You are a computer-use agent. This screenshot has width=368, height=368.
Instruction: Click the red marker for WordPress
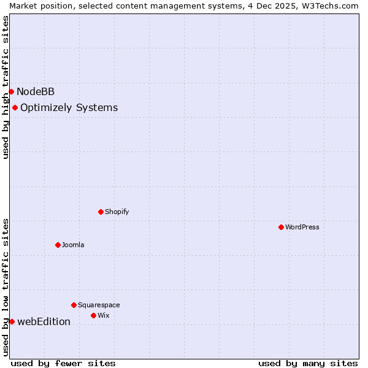[x=281, y=227]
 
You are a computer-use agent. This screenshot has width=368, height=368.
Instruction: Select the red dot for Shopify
[x=101, y=212]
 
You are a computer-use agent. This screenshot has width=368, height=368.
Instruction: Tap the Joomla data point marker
[x=58, y=245]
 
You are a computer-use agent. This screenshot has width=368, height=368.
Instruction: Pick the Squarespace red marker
[x=74, y=305]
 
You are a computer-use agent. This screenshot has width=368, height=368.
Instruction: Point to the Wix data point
[x=93, y=315]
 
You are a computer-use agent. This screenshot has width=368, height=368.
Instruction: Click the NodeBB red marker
[x=11, y=92]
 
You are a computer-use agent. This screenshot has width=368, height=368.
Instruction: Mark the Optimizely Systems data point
[x=15, y=108]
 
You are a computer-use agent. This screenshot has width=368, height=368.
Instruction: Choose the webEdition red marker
[x=12, y=321]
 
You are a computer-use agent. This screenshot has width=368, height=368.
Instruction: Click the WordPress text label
[x=302, y=227]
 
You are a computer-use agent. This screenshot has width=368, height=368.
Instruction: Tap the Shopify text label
[x=117, y=212]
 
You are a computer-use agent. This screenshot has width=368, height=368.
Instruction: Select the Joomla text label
[x=73, y=245]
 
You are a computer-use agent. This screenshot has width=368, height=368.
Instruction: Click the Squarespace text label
[x=99, y=305]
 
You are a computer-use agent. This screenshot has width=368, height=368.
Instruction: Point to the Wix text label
[x=103, y=315]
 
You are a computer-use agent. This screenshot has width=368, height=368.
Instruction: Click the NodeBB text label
[x=36, y=92]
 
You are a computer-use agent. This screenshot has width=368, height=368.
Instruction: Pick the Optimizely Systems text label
[x=69, y=108]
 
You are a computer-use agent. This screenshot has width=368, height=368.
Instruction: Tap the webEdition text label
[x=44, y=321]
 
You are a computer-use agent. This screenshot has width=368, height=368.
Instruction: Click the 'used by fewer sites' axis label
[x=63, y=363]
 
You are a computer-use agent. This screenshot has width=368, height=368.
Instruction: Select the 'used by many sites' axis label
[x=308, y=363]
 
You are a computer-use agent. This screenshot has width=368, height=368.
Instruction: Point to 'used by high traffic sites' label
[x=6, y=87]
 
